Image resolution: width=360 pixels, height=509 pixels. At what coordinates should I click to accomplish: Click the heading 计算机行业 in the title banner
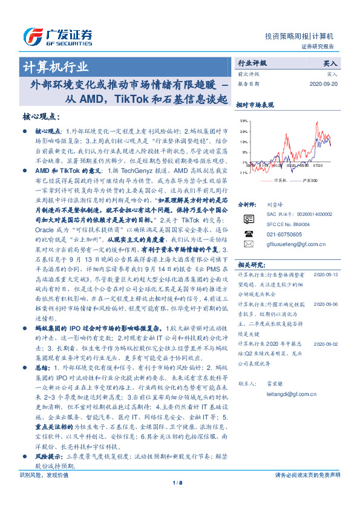click(x=56, y=66)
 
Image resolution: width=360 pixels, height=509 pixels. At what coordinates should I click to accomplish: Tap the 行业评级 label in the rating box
click(x=252, y=62)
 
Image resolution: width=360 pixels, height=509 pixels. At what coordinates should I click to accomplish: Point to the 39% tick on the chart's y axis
click(x=243, y=121)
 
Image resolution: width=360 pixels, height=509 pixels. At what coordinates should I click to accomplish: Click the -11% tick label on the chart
click(x=242, y=173)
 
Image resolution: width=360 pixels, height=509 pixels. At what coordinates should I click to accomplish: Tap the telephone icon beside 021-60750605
click(x=248, y=233)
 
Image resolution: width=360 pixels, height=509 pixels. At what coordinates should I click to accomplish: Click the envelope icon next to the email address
click(x=248, y=244)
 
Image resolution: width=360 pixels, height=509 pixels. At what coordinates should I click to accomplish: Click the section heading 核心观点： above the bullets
click(x=43, y=116)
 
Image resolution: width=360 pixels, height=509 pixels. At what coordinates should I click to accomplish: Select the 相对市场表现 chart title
click(x=258, y=105)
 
